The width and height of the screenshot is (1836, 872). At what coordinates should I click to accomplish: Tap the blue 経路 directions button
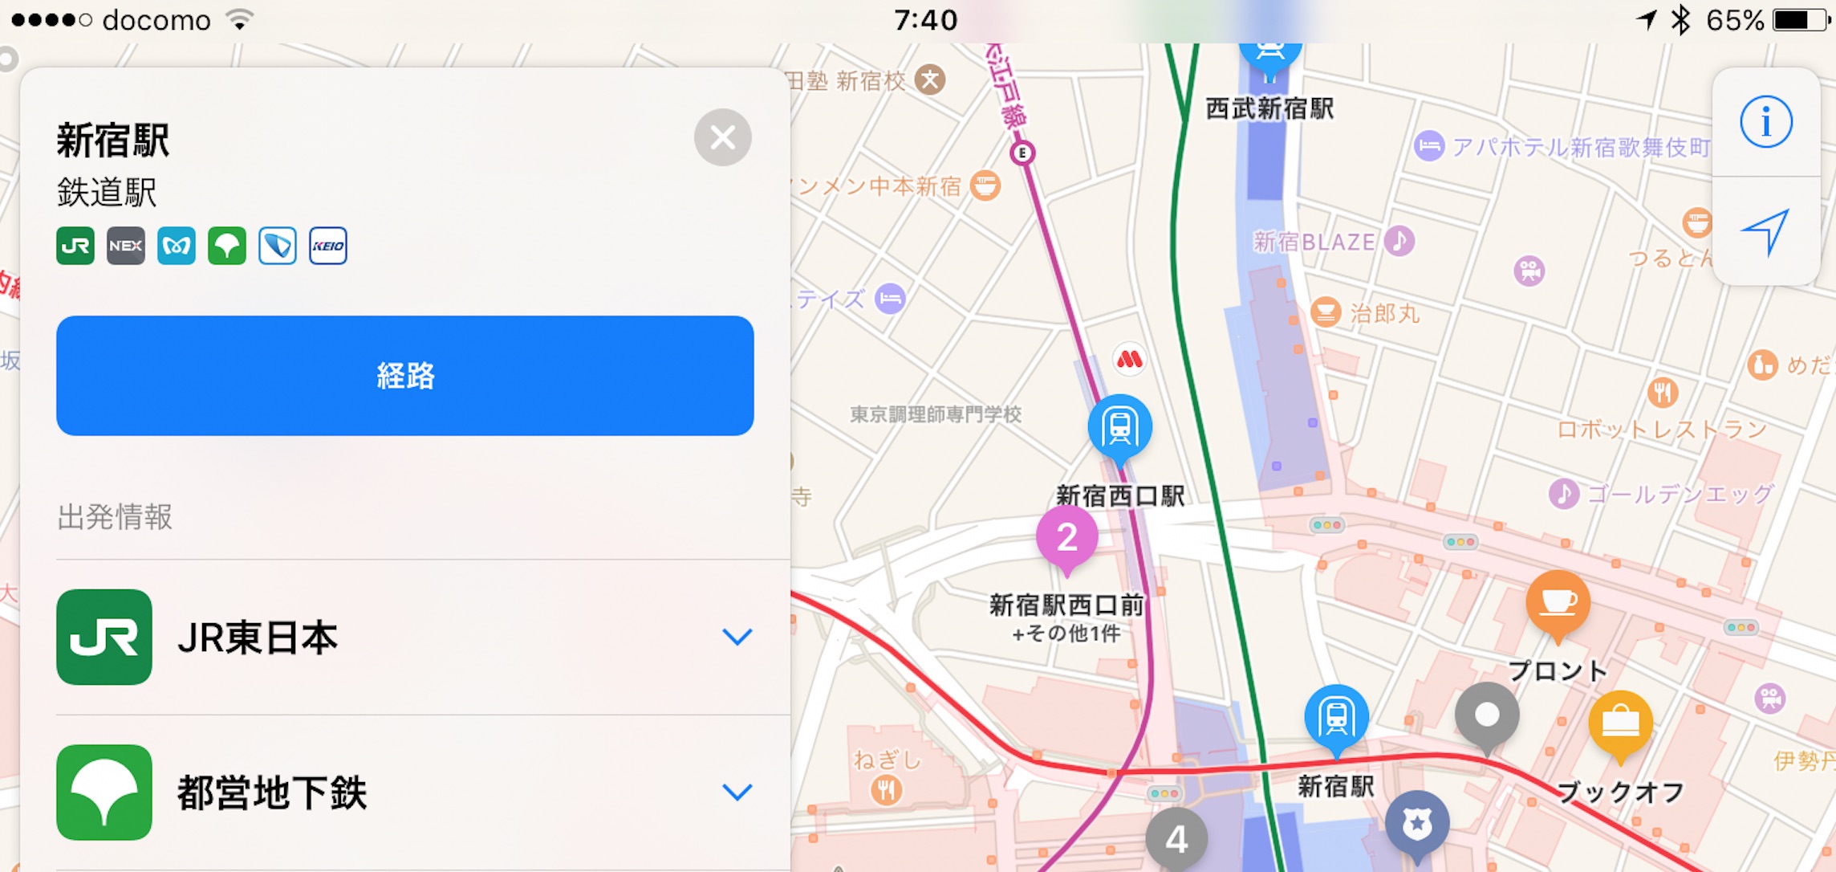coord(404,375)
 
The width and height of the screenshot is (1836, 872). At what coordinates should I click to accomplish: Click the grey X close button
coord(722,137)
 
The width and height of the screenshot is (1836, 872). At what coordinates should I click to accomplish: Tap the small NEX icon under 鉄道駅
coord(126,246)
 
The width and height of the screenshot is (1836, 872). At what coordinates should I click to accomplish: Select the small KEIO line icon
coord(328,246)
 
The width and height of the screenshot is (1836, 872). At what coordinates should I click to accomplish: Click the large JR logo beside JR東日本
coord(104,637)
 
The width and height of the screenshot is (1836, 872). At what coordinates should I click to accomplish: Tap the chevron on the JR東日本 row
coord(737,637)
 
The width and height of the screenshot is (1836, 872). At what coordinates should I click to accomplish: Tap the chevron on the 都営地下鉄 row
coord(737,792)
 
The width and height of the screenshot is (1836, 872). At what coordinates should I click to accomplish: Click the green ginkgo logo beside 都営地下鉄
coord(104,792)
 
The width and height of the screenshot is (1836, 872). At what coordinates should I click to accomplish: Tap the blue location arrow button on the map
coord(1765,231)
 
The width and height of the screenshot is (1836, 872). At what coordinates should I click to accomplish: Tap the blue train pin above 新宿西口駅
coord(1120,427)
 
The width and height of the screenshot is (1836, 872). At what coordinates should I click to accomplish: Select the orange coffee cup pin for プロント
coord(1558,602)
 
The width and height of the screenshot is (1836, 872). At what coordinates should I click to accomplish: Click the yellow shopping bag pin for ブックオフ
coord(1620,723)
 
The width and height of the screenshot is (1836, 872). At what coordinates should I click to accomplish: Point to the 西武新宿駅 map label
coord(1269,108)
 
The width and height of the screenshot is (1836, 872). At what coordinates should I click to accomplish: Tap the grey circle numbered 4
coord(1176,839)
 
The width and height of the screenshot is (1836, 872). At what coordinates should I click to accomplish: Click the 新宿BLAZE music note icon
coord(1399,240)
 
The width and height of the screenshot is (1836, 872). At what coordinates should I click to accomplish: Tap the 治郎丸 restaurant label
coord(1384,313)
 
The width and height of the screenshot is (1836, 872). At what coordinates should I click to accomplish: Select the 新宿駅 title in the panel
coord(113,141)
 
